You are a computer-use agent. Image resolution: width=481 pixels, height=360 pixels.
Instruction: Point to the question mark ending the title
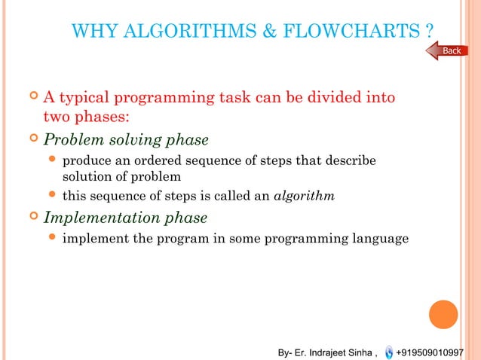click(429, 32)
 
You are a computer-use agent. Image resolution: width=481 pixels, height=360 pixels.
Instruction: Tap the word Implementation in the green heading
click(96, 218)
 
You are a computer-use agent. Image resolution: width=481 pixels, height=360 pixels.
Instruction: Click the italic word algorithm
click(304, 197)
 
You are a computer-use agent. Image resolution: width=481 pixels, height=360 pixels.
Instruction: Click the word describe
click(353, 161)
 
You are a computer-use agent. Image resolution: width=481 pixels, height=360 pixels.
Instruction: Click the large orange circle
click(443, 314)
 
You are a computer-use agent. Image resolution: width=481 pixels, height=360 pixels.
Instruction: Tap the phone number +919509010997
click(435, 352)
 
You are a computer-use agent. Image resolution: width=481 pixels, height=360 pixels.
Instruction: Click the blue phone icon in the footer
click(388, 352)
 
